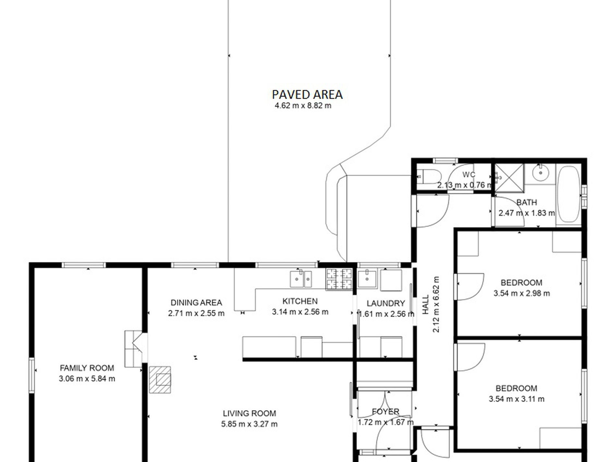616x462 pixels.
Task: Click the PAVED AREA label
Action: coord(307,95)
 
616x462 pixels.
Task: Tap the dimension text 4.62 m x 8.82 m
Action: coord(303,106)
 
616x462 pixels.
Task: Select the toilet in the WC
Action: coord(430,177)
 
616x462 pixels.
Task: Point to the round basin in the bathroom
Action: coord(540,173)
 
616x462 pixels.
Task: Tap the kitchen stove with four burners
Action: coord(339,279)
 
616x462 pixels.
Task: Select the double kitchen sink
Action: coord(301,279)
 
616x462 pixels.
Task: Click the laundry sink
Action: coord(367,278)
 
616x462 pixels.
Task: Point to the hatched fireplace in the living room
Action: coord(160,379)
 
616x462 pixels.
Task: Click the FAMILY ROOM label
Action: coord(87,368)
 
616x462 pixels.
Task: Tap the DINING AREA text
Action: coord(196,303)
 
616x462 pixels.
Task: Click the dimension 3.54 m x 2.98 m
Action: coord(522,293)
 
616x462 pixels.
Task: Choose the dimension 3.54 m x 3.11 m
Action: coord(516,399)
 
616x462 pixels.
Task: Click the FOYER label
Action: coord(385,412)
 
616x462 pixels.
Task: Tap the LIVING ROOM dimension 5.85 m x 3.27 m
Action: coord(249,424)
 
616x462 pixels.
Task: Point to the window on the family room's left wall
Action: coord(32,375)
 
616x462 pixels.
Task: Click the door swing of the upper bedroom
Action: coord(470,287)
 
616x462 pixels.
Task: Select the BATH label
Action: coord(527,202)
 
